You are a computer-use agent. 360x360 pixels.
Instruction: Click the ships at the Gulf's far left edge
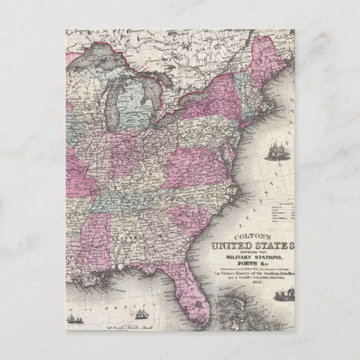point(73,318)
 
